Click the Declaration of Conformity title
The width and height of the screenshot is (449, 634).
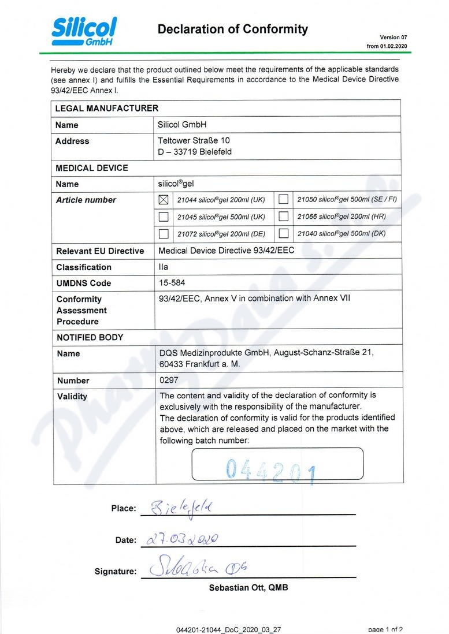pos(232,29)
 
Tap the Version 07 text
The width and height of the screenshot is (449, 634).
pos(394,37)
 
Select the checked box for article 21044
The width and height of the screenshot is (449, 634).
pos(164,200)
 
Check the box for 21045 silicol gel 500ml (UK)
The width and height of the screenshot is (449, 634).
pos(164,217)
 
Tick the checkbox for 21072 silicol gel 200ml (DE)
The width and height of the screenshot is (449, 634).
pos(164,234)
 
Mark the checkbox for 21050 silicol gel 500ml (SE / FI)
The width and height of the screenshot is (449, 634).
pos(284,200)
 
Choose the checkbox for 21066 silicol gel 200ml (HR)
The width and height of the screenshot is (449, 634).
pos(284,217)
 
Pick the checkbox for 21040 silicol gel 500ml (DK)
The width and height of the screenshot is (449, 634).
pos(284,234)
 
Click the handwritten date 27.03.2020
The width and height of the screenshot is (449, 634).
pos(183,539)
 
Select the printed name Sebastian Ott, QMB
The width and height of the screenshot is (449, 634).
pos(248,588)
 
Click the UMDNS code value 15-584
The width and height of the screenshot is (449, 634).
pos(172,283)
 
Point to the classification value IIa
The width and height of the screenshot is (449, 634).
pos(164,267)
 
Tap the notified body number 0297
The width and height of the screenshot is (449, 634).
pos(169,381)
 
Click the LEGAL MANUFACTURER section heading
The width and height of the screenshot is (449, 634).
pos(106,108)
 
